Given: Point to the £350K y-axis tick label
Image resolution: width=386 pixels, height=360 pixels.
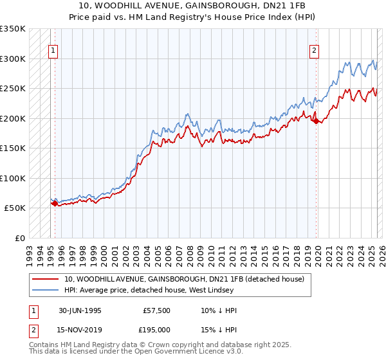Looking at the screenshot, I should (x=13, y=29).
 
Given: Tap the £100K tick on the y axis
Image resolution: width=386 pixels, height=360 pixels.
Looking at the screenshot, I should (x=13, y=178).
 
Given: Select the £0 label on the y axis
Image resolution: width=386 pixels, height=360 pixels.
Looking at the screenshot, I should (x=19, y=238).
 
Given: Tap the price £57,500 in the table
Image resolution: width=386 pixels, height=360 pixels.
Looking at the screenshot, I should (x=157, y=310).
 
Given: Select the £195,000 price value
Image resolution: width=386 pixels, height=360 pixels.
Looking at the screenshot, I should (x=157, y=330).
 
